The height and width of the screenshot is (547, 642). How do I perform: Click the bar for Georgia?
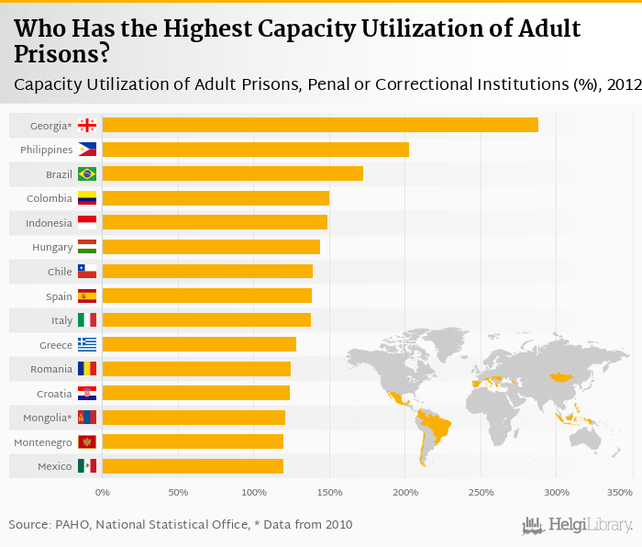click(x=320, y=125)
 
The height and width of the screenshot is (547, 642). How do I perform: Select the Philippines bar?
click(x=255, y=150)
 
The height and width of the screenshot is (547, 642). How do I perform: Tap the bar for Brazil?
click(x=233, y=173)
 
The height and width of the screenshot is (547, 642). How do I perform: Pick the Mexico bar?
click(x=193, y=466)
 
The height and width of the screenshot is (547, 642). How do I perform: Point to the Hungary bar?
click(x=211, y=247)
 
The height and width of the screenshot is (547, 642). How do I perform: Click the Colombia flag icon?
click(x=87, y=198)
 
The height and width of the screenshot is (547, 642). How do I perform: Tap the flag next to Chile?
click(x=87, y=272)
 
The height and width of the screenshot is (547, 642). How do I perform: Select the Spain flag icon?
click(x=87, y=296)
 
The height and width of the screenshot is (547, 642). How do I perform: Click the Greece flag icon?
click(x=87, y=344)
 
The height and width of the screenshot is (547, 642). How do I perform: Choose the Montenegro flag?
click(x=87, y=442)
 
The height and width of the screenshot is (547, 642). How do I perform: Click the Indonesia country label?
click(x=50, y=223)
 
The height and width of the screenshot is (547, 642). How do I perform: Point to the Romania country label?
click(x=51, y=369)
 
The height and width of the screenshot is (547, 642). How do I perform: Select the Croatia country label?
click(x=53, y=394)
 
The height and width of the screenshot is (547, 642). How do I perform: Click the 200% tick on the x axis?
click(x=405, y=493)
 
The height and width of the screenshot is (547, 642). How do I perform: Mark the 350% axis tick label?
click(x=620, y=493)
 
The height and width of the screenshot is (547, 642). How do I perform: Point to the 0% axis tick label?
click(x=103, y=493)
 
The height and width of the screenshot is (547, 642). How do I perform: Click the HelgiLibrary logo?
click(x=578, y=526)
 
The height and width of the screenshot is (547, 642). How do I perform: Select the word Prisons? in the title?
click(x=61, y=54)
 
